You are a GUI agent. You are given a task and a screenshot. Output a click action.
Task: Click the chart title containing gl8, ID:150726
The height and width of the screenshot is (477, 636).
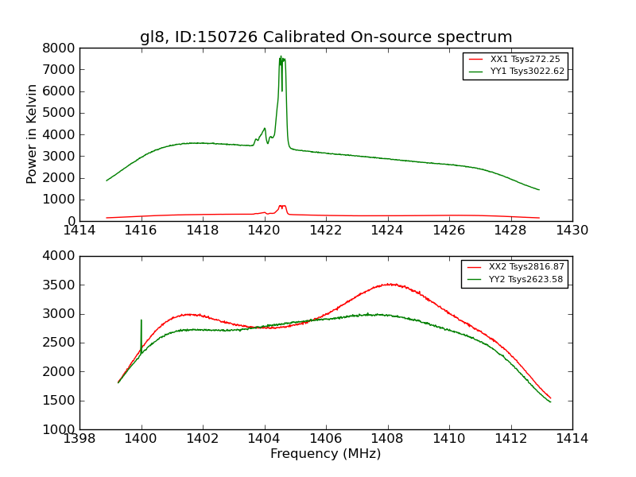click(326, 37)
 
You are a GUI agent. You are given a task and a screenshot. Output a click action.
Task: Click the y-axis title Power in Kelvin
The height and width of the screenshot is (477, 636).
click(33, 134)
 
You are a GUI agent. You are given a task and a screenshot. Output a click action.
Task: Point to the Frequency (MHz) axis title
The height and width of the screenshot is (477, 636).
click(326, 454)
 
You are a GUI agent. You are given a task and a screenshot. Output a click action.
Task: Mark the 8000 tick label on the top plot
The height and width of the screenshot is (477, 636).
click(60, 48)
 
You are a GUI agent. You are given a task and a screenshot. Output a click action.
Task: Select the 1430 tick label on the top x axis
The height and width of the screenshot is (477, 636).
click(572, 231)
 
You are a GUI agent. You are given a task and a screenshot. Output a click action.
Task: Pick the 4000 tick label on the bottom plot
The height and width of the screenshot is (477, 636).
click(60, 256)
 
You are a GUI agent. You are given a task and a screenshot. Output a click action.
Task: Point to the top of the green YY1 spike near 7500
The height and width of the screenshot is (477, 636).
click(281, 57)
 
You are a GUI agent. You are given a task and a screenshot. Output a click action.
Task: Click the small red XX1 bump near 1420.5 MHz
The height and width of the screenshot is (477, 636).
click(282, 206)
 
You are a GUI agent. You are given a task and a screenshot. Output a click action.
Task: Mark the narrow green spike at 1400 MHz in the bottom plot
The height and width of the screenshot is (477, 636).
click(142, 321)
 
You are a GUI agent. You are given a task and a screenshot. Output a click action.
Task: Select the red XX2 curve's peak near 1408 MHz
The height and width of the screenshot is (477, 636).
click(389, 284)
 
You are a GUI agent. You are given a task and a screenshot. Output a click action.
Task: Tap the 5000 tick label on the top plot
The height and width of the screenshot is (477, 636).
click(60, 113)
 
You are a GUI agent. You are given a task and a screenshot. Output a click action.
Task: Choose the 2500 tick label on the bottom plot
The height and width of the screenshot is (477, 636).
click(60, 343)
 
